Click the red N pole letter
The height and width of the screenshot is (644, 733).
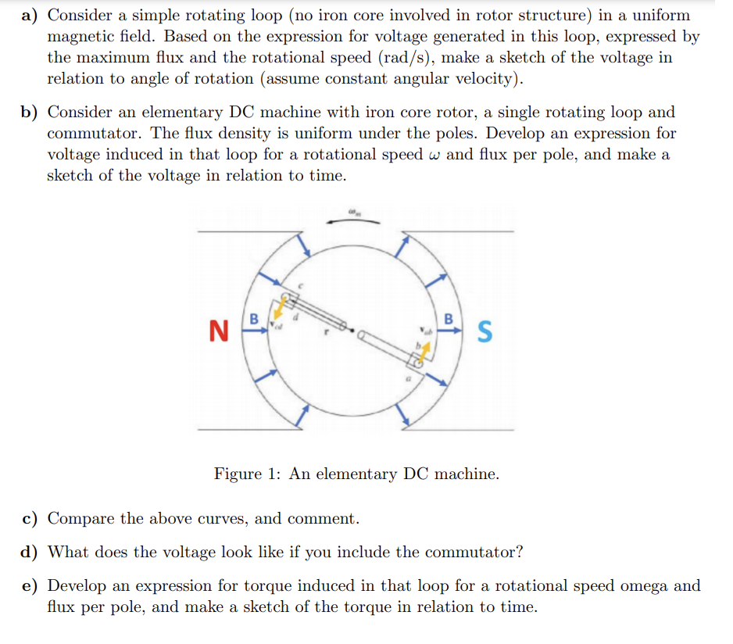click(219, 331)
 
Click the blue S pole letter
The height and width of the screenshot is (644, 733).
click(484, 331)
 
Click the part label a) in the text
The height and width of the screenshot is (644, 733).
click(32, 16)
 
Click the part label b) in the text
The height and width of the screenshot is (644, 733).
click(32, 113)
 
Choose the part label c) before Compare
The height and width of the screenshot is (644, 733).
click(31, 518)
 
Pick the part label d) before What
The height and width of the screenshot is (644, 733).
click(32, 552)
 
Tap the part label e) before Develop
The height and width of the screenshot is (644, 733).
click(31, 585)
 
